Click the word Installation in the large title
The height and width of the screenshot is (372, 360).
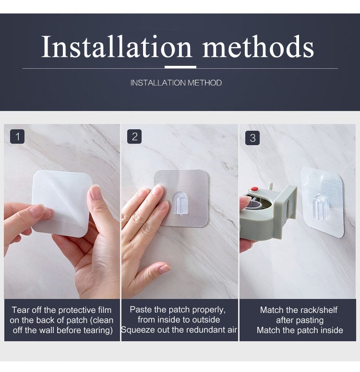(116, 47)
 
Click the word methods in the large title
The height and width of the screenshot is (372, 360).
(258, 47)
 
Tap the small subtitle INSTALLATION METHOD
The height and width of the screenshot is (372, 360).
(176, 83)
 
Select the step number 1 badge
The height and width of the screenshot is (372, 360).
(17, 136)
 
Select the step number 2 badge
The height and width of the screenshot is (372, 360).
(134, 136)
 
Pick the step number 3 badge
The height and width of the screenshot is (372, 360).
(252, 138)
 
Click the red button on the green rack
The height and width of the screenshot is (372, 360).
(254, 189)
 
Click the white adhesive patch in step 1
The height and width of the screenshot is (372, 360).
(62, 203)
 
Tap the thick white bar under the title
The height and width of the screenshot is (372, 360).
(180, 67)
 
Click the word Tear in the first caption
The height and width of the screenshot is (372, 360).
(18, 310)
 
